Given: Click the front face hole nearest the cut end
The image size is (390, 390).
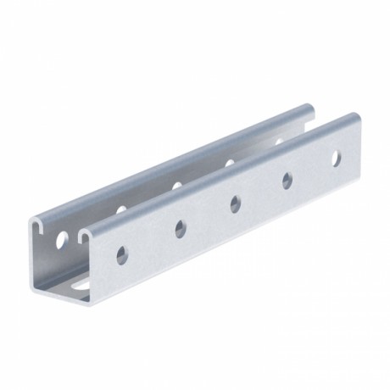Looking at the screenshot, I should tap(125, 253).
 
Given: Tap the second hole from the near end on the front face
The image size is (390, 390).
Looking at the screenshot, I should tap(180, 226).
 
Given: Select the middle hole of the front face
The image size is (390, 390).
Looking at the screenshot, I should tap(233, 202).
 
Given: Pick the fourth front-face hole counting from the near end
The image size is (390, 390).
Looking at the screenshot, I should tap(287, 178).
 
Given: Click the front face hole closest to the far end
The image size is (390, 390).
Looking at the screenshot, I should tap(337, 157).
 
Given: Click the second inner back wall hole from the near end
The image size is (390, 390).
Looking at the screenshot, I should tap(121, 208).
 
